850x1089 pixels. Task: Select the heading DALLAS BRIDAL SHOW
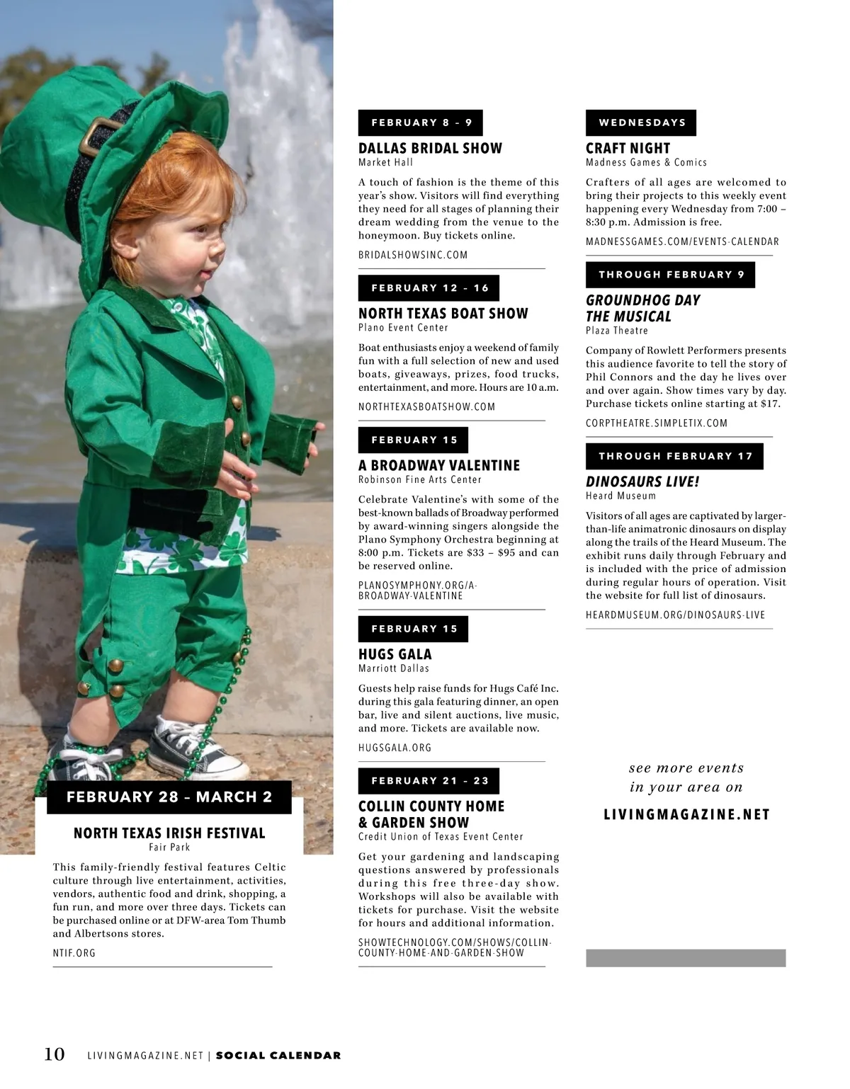click(x=430, y=148)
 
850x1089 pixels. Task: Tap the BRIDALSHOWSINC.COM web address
click(x=413, y=255)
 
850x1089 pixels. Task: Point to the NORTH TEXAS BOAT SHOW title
click(x=443, y=314)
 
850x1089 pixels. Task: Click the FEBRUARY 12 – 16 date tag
click(x=429, y=288)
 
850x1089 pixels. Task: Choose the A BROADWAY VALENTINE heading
click(x=438, y=465)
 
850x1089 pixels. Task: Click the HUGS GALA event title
click(x=395, y=654)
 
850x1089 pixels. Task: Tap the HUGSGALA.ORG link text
click(x=395, y=748)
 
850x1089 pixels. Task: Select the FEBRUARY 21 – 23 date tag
click(x=429, y=781)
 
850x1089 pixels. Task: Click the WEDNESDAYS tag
click(x=641, y=122)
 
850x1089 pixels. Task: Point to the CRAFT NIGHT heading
click(x=628, y=148)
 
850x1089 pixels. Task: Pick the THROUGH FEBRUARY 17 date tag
click(x=674, y=456)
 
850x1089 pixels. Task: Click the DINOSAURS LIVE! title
click(x=642, y=481)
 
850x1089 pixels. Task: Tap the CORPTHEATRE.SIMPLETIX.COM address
click(x=657, y=423)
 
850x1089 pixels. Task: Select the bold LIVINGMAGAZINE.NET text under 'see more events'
click(x=686, y=814)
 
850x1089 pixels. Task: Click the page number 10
click(x=55, y=1054)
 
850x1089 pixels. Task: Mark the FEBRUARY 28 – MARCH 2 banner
click(x=169, y=797)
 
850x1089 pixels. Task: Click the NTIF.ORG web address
click(x=74, y=953)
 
